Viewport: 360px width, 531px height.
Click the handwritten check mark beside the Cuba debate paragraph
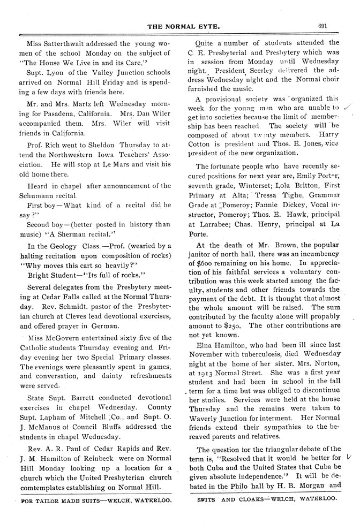(x=349, y=458)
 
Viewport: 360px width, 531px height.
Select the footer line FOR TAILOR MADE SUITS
(x=96, y=503)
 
